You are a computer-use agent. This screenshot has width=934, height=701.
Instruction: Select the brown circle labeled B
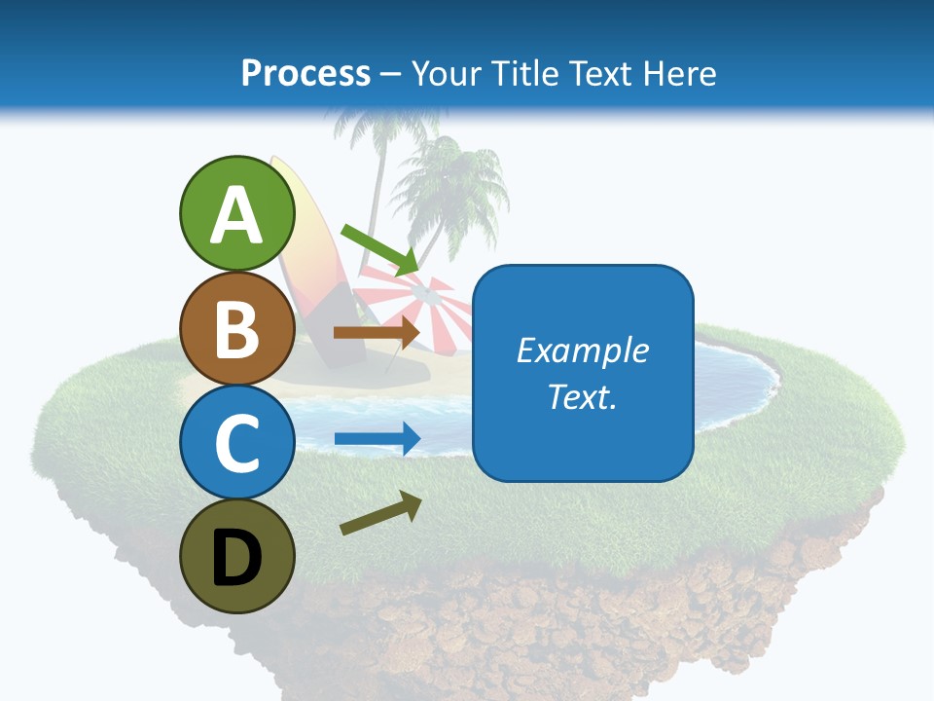pos(237,329)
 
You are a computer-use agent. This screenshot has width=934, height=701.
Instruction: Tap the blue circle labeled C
pos(237,443)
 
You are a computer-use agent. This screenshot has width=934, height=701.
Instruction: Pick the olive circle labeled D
pos(237,556)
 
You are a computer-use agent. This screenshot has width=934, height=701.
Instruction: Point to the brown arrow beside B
pos(377,332)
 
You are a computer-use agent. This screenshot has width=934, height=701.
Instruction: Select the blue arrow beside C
pos(377,439)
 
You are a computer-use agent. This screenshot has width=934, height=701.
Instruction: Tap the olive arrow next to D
pos(380,513)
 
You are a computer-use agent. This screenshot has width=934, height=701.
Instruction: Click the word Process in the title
pos(305,73)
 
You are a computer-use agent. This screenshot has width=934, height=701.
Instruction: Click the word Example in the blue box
pos(583,350)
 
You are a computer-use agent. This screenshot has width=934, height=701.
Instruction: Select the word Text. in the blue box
pos(583,396)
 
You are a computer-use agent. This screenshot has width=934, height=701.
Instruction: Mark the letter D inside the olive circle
pos(237,559)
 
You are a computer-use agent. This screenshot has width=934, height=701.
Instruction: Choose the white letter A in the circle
pos(237,216)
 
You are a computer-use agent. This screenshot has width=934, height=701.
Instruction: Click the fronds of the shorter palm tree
pos(452,175)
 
